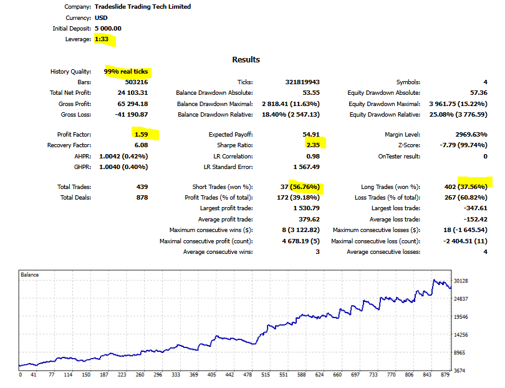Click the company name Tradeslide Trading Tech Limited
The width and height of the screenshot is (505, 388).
coord(143,7)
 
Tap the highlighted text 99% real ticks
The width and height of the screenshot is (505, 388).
coord(127,72)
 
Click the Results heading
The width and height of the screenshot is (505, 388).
coord(246,59)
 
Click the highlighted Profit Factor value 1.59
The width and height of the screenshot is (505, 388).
coord(140,134)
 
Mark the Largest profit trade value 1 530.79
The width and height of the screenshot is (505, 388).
coord(305,208)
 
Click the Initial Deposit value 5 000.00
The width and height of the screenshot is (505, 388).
coord(108,29)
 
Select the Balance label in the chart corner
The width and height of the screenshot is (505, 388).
coord(30,274)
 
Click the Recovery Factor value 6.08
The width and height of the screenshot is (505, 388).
coord(141,145)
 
